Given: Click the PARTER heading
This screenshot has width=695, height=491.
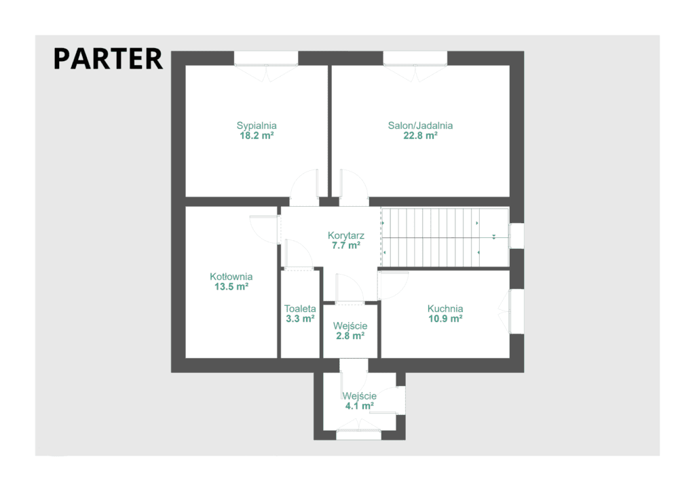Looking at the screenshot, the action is click(x=108, y=59).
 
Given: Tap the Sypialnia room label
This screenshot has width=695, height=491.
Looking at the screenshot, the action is click(x=256, y=125).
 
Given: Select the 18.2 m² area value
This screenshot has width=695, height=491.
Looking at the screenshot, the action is click(x=257, y=136).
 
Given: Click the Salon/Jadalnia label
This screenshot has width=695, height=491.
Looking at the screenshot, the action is click(x=420, y=125).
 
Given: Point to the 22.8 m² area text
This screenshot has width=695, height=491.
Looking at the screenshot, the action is click(x=420, y=136).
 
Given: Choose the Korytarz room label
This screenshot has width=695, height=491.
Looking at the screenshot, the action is click(x=345, y=235).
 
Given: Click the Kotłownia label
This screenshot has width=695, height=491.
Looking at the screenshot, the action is click(x=231, y=277).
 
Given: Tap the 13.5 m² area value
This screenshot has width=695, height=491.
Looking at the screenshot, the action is click(x=231, y=287).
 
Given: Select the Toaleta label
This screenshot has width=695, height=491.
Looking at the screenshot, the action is click(x=300, y=309).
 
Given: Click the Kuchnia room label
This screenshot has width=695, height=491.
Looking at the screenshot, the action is click(x=445, y=309).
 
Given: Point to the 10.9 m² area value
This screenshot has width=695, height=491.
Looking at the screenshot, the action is click(x=445, y=319).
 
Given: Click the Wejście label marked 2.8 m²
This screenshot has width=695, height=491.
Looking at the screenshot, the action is click(x=350, y=326).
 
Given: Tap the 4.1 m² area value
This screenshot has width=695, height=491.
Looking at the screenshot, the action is click(x=360, y=406).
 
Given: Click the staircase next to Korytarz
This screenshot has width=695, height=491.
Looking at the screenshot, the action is click(x=445, y=237).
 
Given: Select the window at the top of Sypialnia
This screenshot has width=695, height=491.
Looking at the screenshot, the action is click(x=266, y=58).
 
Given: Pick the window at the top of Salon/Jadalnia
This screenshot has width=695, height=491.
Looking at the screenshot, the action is click(x=415, y=58).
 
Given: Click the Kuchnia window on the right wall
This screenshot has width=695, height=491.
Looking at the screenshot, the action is click(x=516, y=311).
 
